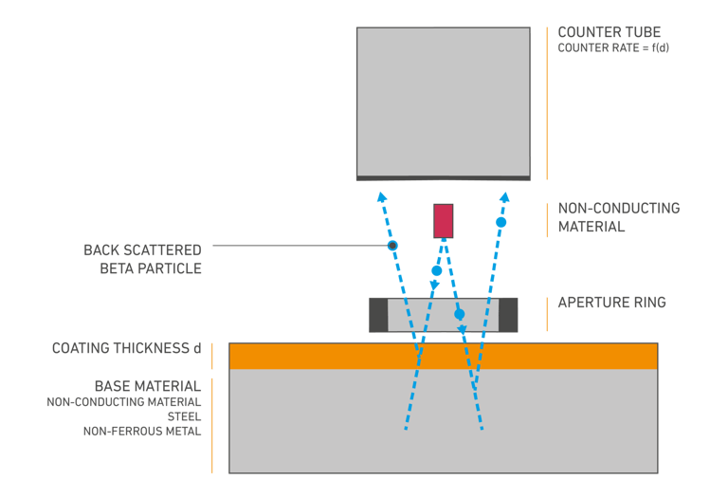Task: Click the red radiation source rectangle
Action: coord(443,220)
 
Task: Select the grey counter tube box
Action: coord(443,101)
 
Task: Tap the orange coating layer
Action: coord(443,356)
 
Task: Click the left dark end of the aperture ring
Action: coord(378,315)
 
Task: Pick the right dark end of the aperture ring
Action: coord(508,315)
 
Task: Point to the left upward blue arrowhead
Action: coord(381,196)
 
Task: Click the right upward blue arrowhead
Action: coord(505,196)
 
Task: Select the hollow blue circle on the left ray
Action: coord(392,246)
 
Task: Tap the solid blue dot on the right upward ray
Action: coord(501,222)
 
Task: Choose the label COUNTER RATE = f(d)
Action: coord(613,47)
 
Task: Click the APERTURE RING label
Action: coord(611,303)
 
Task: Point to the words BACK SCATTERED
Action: coord(142,250)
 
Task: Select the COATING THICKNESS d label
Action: coord(126,348)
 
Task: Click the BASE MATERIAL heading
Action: coord(147,386)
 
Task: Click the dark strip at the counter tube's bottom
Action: coord(443,177)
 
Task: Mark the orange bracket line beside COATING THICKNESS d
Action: coord(212,355)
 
